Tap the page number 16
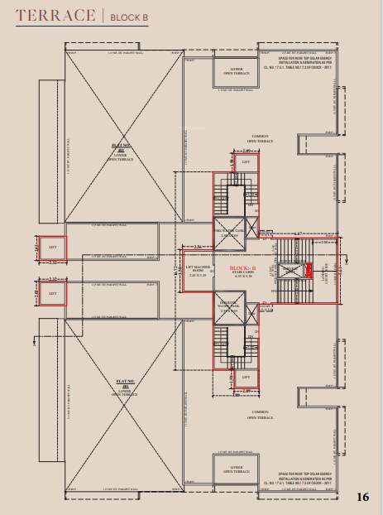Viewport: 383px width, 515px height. click(x=362, y=497)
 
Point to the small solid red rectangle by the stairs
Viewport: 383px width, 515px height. click(x=309, y=269)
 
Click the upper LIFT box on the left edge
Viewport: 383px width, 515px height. click(x=52, y=247)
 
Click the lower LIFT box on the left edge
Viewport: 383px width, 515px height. click(x=52, y=293)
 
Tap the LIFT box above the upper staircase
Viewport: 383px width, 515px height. click(x=245, y=161)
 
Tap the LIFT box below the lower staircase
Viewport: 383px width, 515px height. click(x=245, y=378)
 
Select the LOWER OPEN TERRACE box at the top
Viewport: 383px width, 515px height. click(x=236, y=71)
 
